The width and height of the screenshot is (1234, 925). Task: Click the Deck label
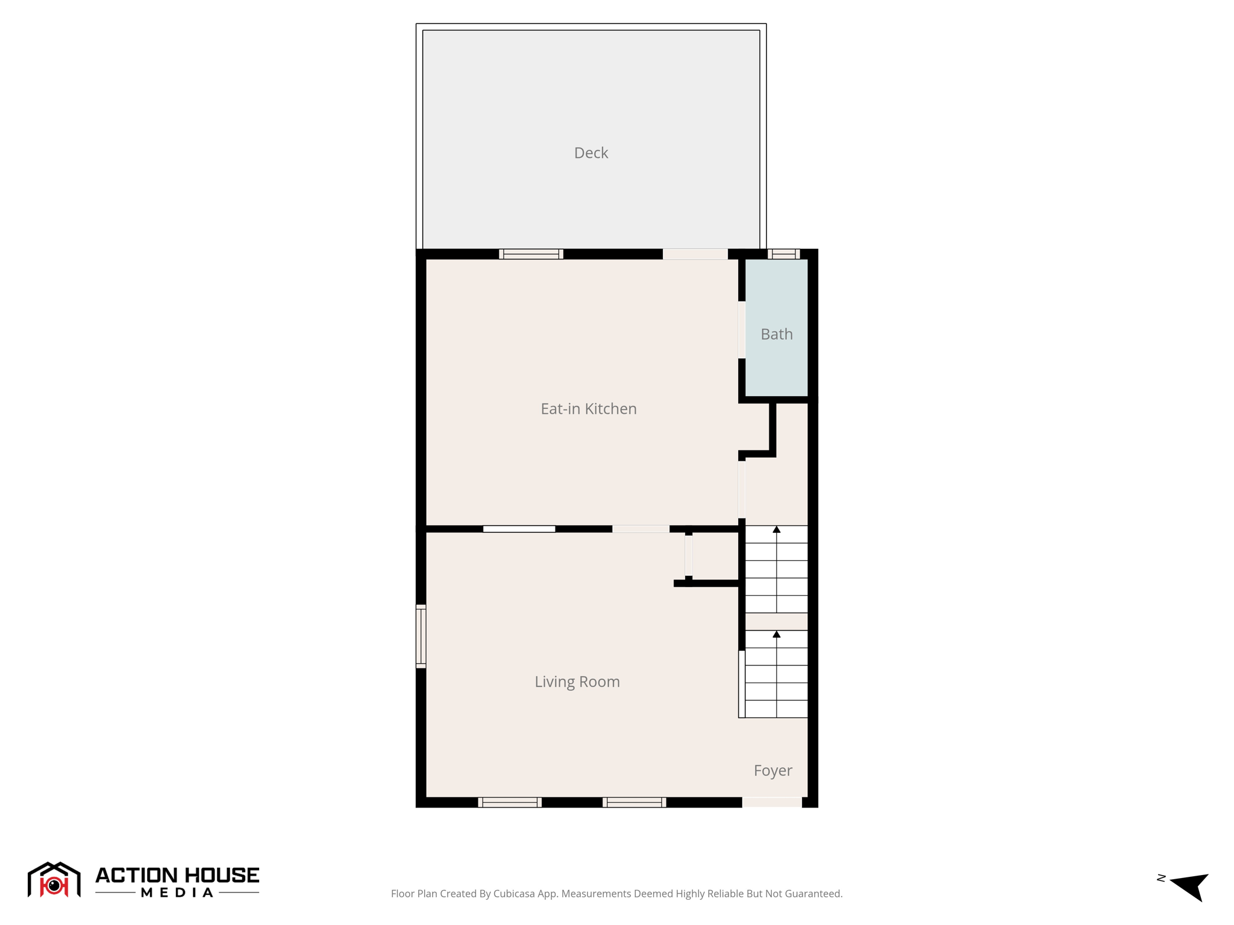(x=590, y=153)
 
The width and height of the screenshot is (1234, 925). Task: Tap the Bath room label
(x=776, y=334)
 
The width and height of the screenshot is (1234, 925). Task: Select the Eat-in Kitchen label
(x=588, y=409)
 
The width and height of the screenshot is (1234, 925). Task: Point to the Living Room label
(x=577, y=682)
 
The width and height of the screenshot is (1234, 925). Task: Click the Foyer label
(x=772, y=771)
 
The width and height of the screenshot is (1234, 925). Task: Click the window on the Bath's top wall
(x=783, y=254)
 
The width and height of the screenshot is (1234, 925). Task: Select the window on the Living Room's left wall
(x=421, y=636)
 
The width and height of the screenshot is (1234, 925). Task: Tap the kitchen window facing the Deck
(x=531, y=254)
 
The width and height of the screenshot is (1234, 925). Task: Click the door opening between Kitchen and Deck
(x=695, y=254)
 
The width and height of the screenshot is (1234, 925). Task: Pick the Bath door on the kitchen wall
(x=742, y=330)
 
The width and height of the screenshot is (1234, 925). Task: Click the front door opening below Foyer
(x=772, y=802)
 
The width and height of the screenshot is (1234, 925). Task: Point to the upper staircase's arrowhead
(x=777, y=530)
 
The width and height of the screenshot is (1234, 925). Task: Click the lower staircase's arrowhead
(x=777, y=635)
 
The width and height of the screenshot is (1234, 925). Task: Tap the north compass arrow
(x=1190, y=885)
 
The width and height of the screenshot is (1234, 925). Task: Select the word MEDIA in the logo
(x=177, y=893)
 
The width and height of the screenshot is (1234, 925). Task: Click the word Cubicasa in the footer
(x=515, y=894)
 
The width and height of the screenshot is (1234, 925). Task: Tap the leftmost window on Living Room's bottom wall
(x=510, y=802)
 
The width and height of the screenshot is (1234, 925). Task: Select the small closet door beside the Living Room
(x=689, y=556)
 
